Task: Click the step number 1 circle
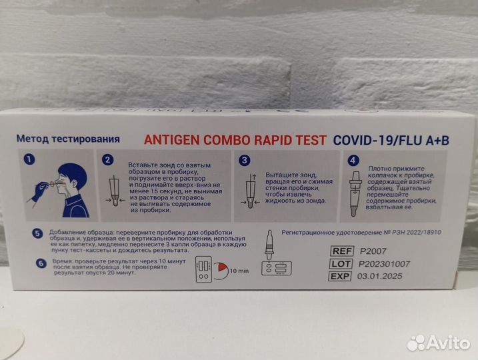(29, 160)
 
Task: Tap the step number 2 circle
(108, 160)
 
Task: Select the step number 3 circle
(245, 160)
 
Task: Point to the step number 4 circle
(353, 160)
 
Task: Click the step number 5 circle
(38, 233)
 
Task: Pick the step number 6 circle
(41, 263)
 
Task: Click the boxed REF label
(341, 251)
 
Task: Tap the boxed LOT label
(341, 263)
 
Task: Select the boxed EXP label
(341, 276)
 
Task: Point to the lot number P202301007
(384, 263)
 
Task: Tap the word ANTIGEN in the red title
(169, 140)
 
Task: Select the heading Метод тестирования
(68, 139)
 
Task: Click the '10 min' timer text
(238, 271)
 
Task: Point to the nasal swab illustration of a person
(67, 189)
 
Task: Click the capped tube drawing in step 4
(355, 193)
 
